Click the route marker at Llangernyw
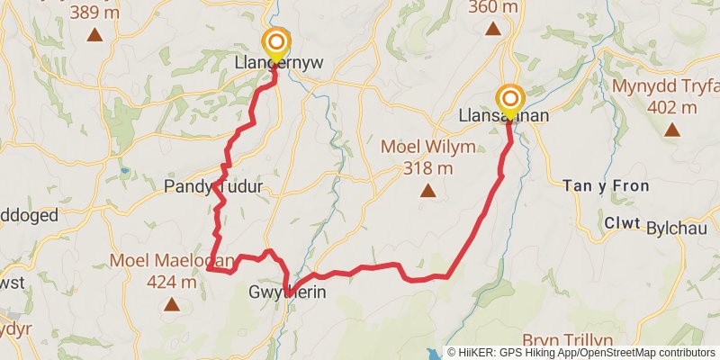point(275,42)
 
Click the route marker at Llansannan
point(510,98)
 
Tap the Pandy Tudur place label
point(213,187)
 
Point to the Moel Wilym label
point(427,147)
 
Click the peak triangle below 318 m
point(428,190)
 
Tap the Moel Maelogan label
point(171,261)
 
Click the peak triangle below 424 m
point(171,305)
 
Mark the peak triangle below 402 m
point(671,130)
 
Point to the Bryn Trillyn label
point(570,339)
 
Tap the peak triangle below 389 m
point(94,35)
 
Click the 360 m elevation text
point(493,7)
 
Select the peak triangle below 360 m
point(493,29)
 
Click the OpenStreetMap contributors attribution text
point(647,353)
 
